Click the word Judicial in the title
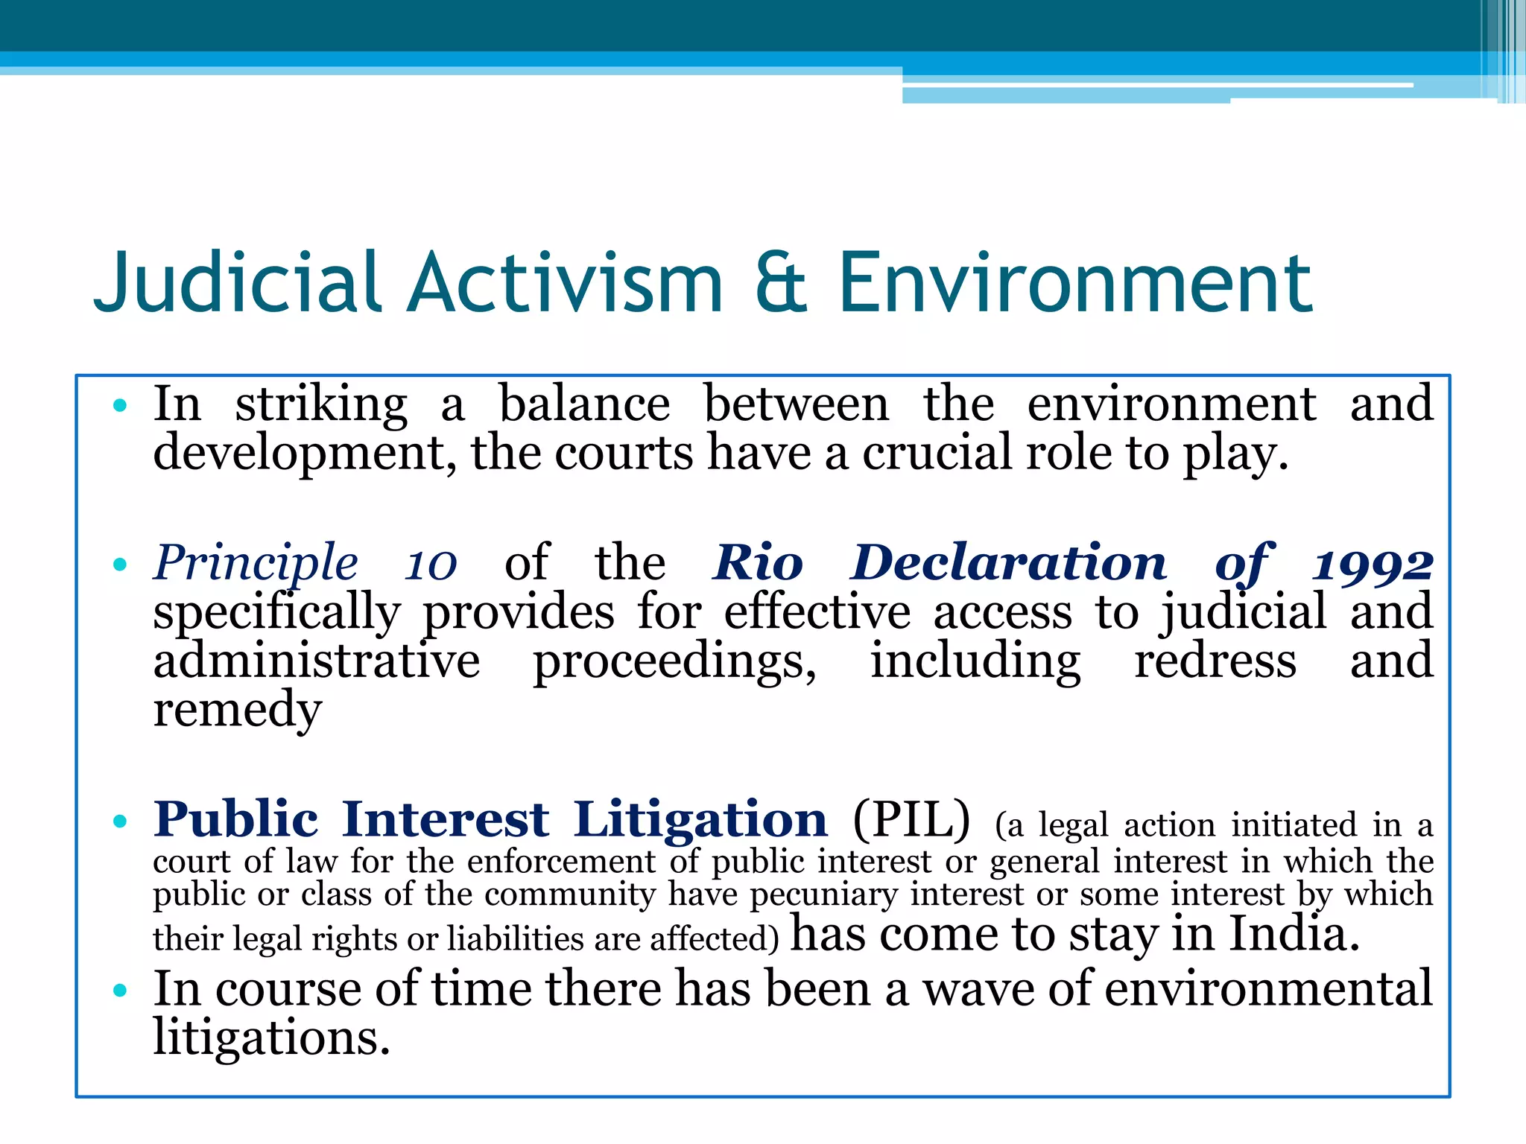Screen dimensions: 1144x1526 tap(238, 283)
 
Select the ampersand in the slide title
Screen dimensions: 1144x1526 tap(780, 283)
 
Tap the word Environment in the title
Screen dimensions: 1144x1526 tap(1075, 283)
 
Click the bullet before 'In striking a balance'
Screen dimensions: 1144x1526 tap(120, 406)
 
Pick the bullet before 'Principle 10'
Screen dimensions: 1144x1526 tap(120, 565)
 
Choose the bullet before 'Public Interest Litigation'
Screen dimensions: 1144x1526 tap(120, 822)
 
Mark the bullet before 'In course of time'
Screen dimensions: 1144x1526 tap(120, 991)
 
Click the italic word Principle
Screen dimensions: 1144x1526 tap(256, 564)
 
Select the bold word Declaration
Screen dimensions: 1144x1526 tap(1009, 563)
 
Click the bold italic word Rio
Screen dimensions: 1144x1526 tap(759, 563)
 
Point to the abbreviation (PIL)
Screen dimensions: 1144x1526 tap(911, 820)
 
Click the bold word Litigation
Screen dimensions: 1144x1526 tap(700, 820)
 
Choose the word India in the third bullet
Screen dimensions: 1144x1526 tap(1294, 933)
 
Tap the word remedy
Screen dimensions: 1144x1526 tap(238, 710)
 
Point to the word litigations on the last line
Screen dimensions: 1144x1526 tap(271, 1037)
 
